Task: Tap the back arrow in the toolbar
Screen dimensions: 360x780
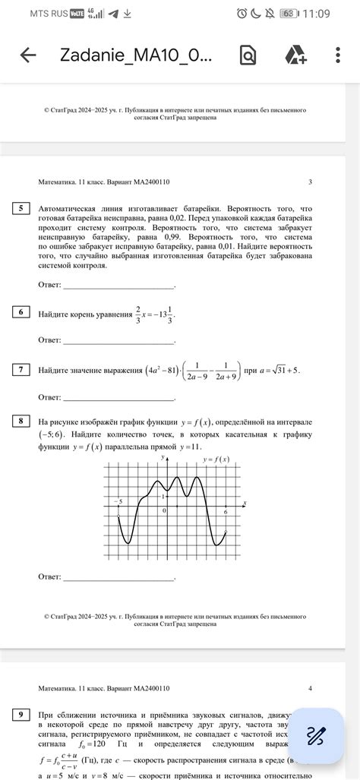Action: click(x=28, y=55)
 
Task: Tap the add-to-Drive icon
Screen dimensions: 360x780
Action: click(x=295, y=55)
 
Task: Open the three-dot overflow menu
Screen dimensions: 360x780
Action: click(x=338, y=55)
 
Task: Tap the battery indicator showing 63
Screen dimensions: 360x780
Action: click(x=288, y=14)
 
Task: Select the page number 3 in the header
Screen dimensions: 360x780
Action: click(x=310, y=182)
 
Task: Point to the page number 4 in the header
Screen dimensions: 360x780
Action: click(x=310, y=689)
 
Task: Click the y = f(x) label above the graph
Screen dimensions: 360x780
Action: click(x=216, y=460)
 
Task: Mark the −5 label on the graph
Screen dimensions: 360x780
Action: click(x=118, y=502)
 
